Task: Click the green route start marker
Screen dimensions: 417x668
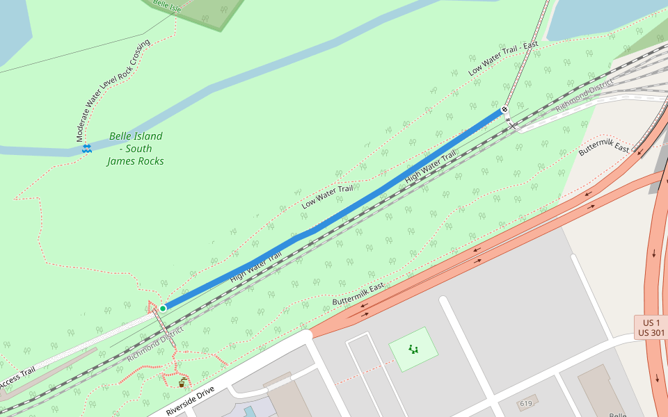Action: [163, 308]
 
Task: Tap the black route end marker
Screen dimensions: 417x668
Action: [504, 110]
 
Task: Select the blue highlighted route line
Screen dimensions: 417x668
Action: [334, 215]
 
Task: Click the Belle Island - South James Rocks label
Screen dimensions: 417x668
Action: [136, 149]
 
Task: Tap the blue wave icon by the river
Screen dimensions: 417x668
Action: [87, 149]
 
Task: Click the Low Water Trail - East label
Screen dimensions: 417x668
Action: [503, 58]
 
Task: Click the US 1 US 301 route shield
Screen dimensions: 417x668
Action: [651, 328]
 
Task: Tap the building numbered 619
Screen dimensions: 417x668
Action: [527, 403]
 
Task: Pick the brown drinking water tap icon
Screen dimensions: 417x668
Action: [182, 382]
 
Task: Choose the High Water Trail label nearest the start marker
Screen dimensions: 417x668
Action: [255, 266]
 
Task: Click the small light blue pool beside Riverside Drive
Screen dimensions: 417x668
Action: [250, 411]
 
